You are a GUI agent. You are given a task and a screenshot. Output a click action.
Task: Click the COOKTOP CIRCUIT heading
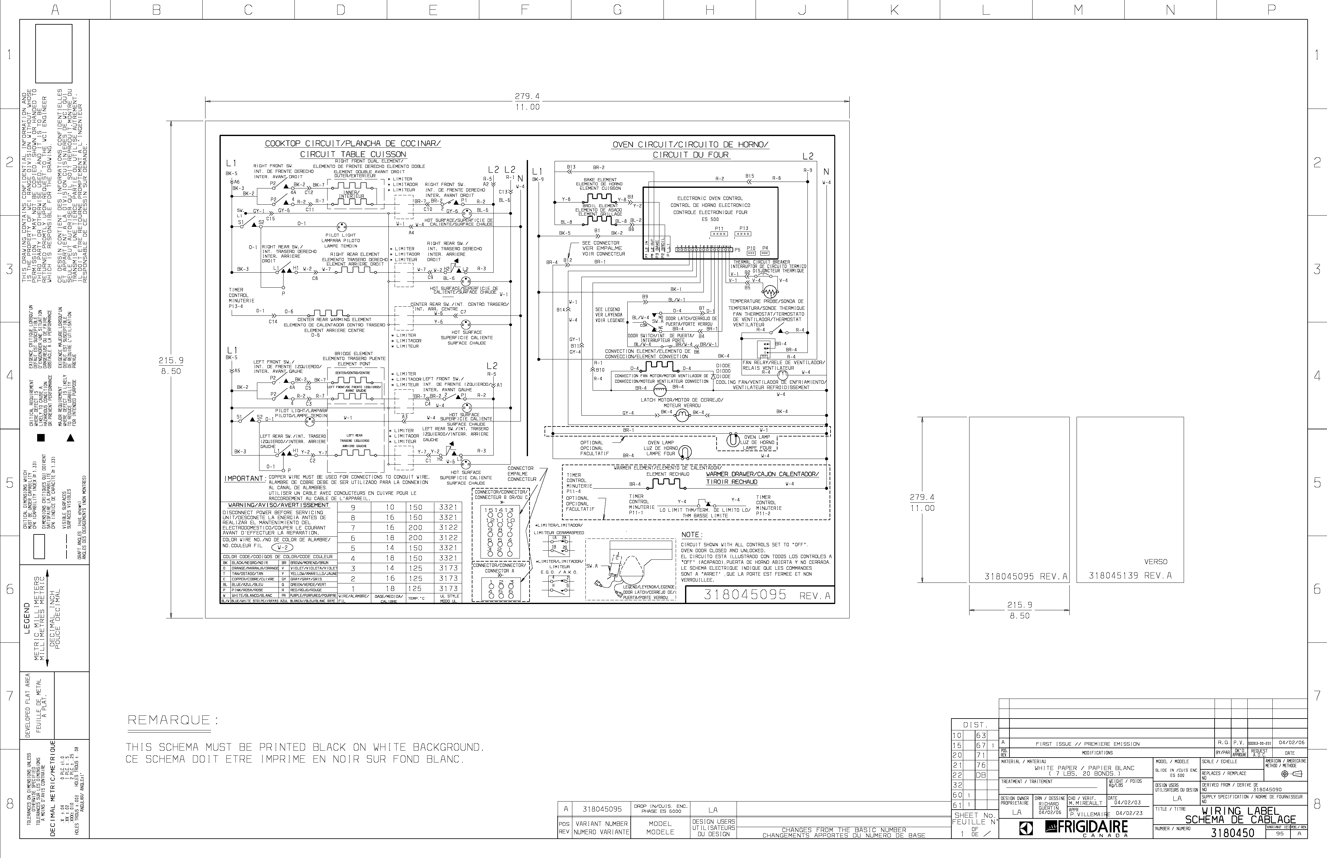353,144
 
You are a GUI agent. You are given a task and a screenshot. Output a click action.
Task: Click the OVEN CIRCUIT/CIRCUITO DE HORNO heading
690,145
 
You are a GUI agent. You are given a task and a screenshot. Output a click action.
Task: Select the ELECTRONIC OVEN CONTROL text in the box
710,198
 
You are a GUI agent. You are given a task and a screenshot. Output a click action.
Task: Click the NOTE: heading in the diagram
692,535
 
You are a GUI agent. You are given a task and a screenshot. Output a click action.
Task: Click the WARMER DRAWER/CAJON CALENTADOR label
762,474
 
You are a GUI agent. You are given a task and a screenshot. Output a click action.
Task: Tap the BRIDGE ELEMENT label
353,353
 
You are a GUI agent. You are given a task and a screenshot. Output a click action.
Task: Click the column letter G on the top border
617,9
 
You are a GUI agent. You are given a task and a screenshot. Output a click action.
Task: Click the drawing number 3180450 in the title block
1232,833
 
